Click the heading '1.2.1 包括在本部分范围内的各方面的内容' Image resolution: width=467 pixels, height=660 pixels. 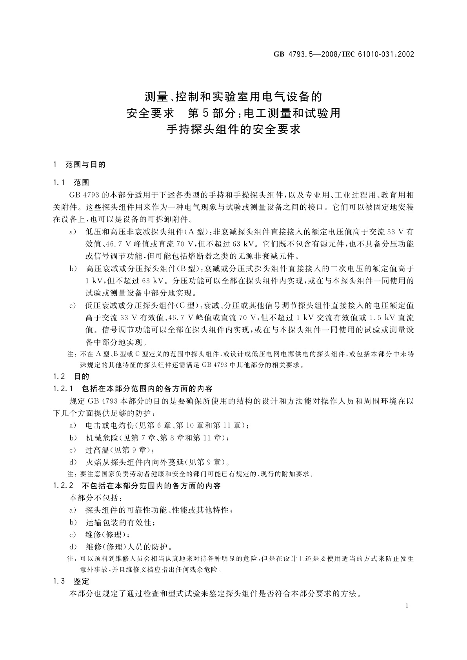tap(133, 389)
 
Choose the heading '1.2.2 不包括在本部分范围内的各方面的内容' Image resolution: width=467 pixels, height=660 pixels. tap(137, 486)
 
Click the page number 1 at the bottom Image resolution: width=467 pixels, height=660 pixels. tap(407, 606)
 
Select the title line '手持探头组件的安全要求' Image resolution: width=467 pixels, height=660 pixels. tap(233, 129)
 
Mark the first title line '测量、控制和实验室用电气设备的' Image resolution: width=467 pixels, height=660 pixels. tap(233, 96)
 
